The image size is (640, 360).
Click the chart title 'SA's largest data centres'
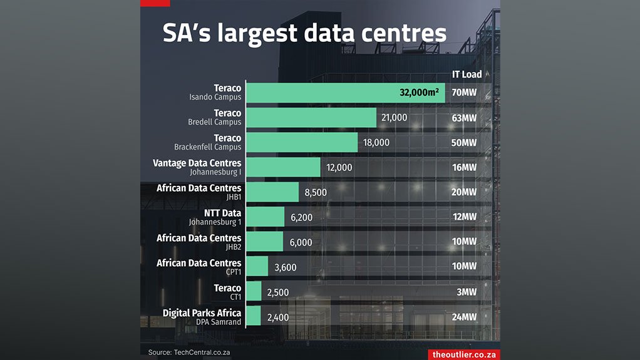304,34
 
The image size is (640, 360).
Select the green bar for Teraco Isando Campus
344,93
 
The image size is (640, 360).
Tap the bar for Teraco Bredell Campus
311,118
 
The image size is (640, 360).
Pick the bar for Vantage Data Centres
282,167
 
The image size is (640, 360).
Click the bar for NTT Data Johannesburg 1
265,217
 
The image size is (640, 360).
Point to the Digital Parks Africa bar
253,317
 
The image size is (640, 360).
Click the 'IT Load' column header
467,74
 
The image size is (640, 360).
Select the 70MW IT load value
464,93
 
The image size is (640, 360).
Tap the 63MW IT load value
464,118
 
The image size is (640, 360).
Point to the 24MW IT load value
464,317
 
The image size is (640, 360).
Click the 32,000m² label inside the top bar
419,93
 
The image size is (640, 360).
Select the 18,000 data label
376,143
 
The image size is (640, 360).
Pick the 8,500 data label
315,192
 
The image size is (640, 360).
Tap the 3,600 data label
285,267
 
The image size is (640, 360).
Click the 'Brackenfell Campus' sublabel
207,147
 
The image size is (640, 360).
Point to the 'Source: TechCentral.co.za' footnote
189,352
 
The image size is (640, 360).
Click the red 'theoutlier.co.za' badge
465,354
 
